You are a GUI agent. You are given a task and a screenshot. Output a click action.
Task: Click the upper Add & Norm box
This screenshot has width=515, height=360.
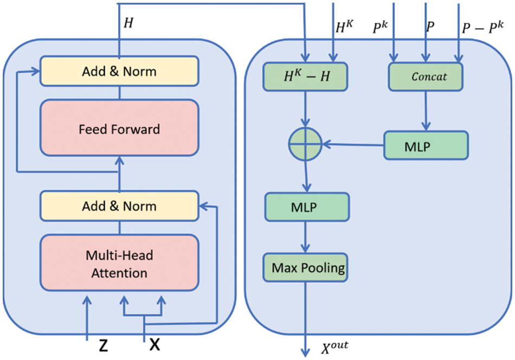coord(119,72)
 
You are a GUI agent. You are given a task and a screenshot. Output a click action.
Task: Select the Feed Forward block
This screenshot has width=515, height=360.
coord(119,130)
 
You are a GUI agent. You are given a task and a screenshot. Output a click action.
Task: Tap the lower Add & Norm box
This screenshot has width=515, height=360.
coord(119,206)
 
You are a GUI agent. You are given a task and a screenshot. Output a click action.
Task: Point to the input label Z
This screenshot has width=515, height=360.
coord(103,345)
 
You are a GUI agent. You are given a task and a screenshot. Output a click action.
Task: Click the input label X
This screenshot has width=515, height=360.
coord(155,344)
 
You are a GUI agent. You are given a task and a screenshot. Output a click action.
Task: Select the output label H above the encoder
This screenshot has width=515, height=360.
coord(128,22)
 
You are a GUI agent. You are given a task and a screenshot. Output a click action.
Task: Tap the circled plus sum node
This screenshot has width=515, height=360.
coord(305,144)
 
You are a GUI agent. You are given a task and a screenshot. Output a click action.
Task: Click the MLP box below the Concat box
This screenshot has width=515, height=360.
coord(426,145)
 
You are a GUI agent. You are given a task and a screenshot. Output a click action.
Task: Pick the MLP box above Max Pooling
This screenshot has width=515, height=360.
coord(307,207)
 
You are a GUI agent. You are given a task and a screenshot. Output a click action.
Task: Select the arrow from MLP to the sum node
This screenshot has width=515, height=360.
coord(352,144)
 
